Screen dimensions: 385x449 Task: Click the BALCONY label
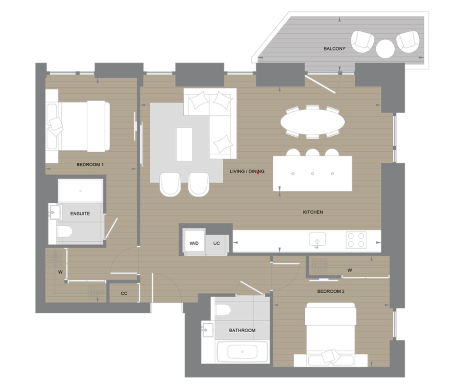pos(334,49)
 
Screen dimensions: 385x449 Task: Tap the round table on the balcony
pos(385,48)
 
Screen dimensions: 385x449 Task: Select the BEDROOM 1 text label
pos(90,165)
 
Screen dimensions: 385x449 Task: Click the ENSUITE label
pos(80,214)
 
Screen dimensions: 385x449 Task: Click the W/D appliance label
pos(194,244)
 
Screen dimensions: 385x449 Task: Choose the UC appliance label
pos(217,244)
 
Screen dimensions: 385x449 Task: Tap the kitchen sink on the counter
pos(317,240)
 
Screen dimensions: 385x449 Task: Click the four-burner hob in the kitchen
pos(356,240)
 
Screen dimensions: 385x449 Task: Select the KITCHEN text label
pos(313,212)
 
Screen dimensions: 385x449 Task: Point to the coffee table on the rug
pos(184,144)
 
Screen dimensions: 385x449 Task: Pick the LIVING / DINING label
pos(247,171)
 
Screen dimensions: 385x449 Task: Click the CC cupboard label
pos(124,293)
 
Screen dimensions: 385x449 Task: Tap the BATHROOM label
pos(242,330)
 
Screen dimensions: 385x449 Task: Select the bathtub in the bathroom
pos(242,352)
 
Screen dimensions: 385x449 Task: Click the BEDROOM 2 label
pos(331,291)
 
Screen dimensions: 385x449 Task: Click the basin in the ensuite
pos(54,212)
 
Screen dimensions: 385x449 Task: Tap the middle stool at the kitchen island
pos(312,153)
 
